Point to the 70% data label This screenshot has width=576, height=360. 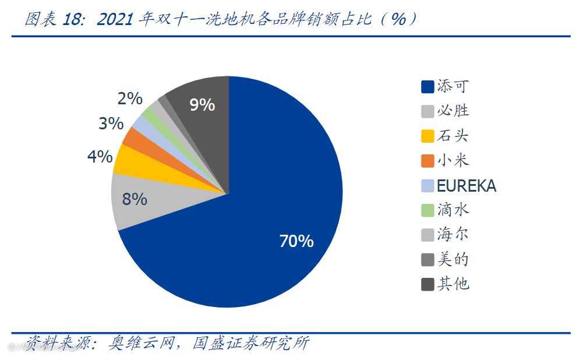(296, 241)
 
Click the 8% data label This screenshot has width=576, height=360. (135, 199)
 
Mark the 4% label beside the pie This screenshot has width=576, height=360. (100, 156)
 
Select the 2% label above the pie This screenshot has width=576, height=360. (130, 98)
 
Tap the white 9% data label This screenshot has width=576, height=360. (202, 105)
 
